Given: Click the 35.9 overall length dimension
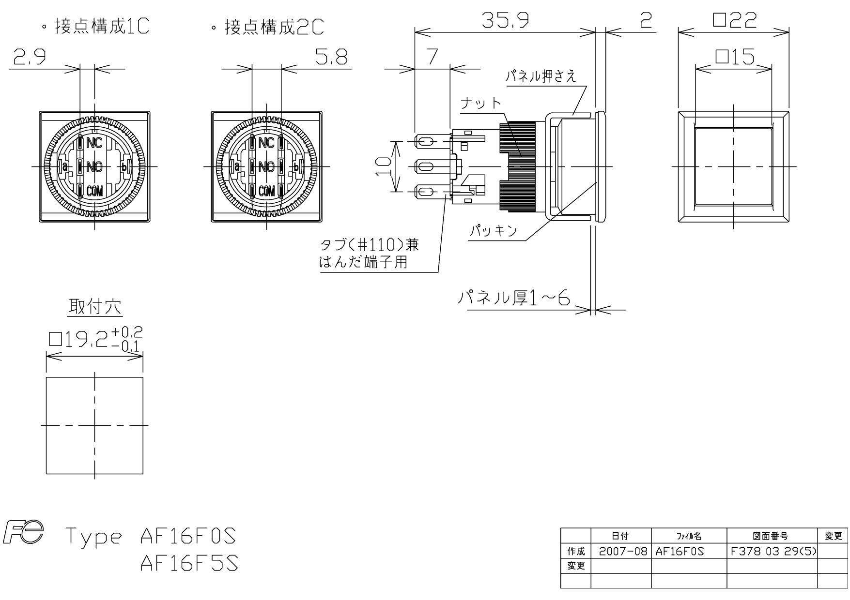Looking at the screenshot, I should pyautogui.click(x=505, y=20).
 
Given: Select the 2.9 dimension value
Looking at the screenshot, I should pyautogui.click(x=30, y=58).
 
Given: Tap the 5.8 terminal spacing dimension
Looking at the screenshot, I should pyautogui.click(x=331, y=58).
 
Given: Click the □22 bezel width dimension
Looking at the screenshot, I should pyautogui.click(x=734, y=20).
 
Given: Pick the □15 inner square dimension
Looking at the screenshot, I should pyautogui.click(x=734, y=57).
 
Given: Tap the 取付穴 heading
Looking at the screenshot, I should pyautogui.click(x=95, y=306).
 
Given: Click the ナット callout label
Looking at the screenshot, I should pyautogui.click(x=480, y=103).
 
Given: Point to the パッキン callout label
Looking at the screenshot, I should pyautogui.click(x=494, y=231).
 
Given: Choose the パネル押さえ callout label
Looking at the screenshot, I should pyautogui.click(x=541, y=76).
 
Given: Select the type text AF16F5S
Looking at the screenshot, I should pyautogui.click(x=189, y=563).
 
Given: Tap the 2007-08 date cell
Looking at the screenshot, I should pyautogui.click(x=621, y=551).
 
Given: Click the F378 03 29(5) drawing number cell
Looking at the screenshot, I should pyautogui.click(x=772, y=551).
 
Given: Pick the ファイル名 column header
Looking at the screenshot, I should pyautogui.click(x=689, y=536).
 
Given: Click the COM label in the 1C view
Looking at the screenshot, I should pyautogui.click(x=94, y=192).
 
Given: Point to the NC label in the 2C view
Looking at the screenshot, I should pyautogui.click(x=266, y=143).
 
